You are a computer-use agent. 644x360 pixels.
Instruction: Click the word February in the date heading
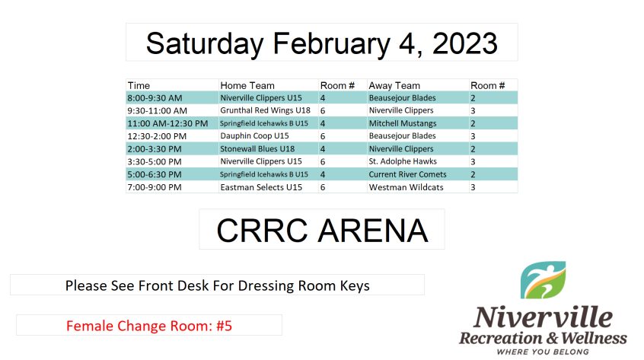330,44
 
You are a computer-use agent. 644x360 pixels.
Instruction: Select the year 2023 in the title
464,43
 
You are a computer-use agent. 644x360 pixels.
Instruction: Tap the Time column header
139,85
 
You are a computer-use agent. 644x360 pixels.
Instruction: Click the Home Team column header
247,85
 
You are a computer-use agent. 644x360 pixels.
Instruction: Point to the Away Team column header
394,85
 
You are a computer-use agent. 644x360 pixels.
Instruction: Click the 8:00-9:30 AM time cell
155,98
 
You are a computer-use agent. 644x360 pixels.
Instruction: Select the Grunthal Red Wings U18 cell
266,110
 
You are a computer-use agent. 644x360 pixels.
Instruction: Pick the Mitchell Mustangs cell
403,123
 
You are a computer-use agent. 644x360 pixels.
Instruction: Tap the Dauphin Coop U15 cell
254,136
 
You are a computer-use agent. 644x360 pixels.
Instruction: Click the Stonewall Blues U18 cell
257,148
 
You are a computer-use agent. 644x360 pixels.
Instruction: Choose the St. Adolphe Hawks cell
403,161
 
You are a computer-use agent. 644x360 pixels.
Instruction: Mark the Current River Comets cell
407,174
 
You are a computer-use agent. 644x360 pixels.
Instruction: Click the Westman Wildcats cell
406,187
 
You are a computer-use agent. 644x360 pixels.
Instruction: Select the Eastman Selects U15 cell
261,187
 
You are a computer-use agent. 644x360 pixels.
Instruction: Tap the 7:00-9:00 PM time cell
154,187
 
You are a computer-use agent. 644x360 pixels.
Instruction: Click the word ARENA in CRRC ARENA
373,231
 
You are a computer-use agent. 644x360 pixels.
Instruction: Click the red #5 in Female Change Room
225,326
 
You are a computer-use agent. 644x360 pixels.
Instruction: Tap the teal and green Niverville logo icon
543,280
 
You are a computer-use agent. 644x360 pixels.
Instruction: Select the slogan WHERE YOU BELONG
543,352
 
